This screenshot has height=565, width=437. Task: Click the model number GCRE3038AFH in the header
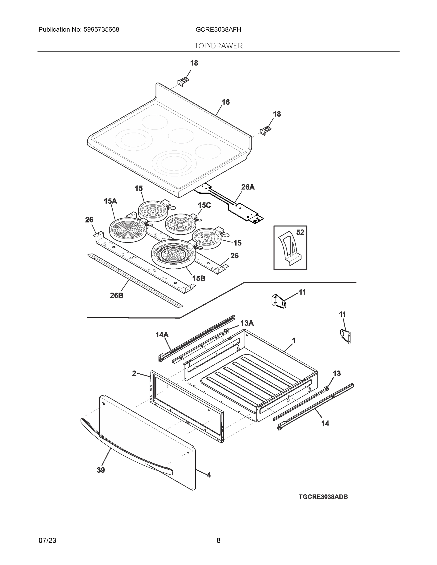[x=218, y=30]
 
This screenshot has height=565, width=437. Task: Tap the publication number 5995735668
[x=101, y=30]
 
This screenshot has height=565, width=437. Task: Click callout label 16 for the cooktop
[x=225, y=102]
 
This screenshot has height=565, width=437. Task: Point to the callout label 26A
[x=248, y=187]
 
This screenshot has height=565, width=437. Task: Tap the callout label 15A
[x=110, y=201]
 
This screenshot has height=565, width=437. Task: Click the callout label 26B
[x=117, y=295]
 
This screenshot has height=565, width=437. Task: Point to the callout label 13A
[x=247, y=323]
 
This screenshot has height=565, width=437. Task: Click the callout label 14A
[x=162, y=335]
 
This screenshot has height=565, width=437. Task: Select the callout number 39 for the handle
[x=101, y=470]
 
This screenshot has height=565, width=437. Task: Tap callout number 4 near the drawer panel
[x=208, y=475]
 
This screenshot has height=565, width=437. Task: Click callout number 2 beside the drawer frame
[x=134, y=373]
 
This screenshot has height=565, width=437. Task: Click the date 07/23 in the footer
[x=47, y=541]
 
